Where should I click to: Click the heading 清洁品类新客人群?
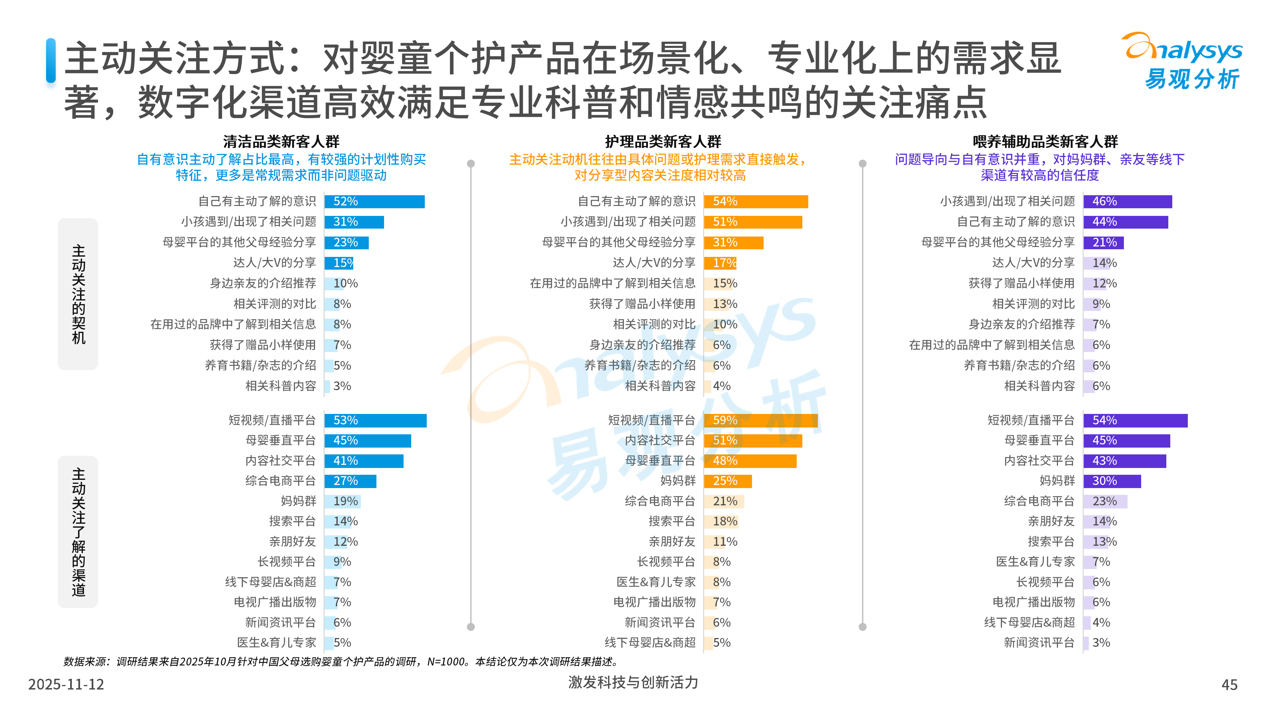[281, 142]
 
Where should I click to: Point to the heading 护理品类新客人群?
[663, 142]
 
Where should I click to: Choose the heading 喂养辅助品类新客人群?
[1045, 142]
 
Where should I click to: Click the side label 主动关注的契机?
[78, 294]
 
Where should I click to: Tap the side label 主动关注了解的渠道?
[78, 532]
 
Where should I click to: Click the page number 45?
[1229, 684]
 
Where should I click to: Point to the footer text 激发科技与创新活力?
[633, 682]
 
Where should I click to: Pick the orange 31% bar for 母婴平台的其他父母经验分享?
[733, 242]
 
